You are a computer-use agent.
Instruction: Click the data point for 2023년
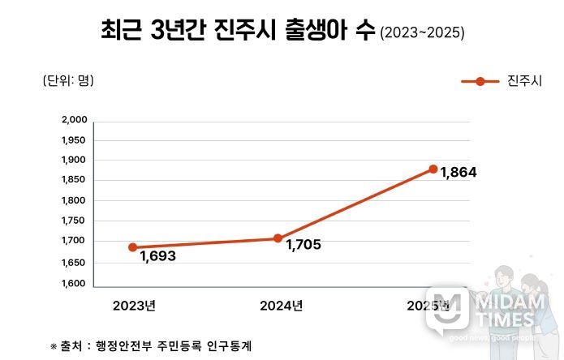click(x=132, y=247)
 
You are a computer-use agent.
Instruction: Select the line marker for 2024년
click(x=278, y=238)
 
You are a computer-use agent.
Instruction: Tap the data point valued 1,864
click(x=433, y=169)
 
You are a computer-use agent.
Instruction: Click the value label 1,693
click(x=157, y=256)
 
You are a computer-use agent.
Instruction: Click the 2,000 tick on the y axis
click(x=74, y=120)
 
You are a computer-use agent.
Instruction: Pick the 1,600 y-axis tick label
click(x=74, y=284)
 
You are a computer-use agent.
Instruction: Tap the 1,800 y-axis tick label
click(x=74, y=200)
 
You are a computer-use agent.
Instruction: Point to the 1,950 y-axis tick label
click(x=74, y=139)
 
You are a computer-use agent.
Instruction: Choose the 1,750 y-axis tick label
click(x=74, y=221)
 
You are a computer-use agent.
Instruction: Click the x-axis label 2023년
click(x=135, y=306)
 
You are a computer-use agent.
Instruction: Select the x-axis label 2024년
click(x=281, y=306)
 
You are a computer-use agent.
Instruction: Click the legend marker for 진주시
click(x=480, y=81)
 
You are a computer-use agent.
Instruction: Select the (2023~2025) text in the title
click(x=423, y=33)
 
